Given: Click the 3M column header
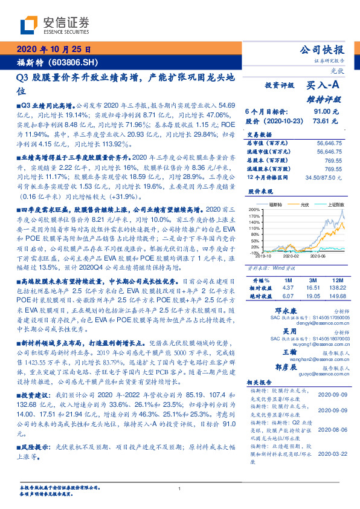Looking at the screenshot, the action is click(312, 264).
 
